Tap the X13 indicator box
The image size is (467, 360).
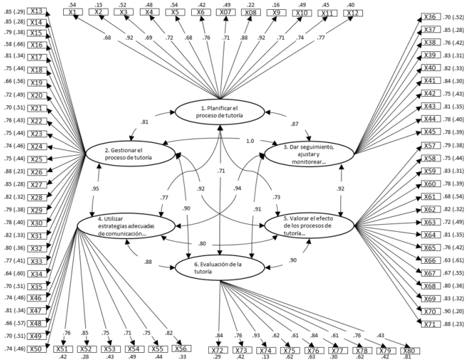tap(36, 12)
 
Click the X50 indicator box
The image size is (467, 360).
tap(36, 349)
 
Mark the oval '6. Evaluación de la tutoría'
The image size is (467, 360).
tap(220, 268)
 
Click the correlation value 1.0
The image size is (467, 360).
tap(250, 140)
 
